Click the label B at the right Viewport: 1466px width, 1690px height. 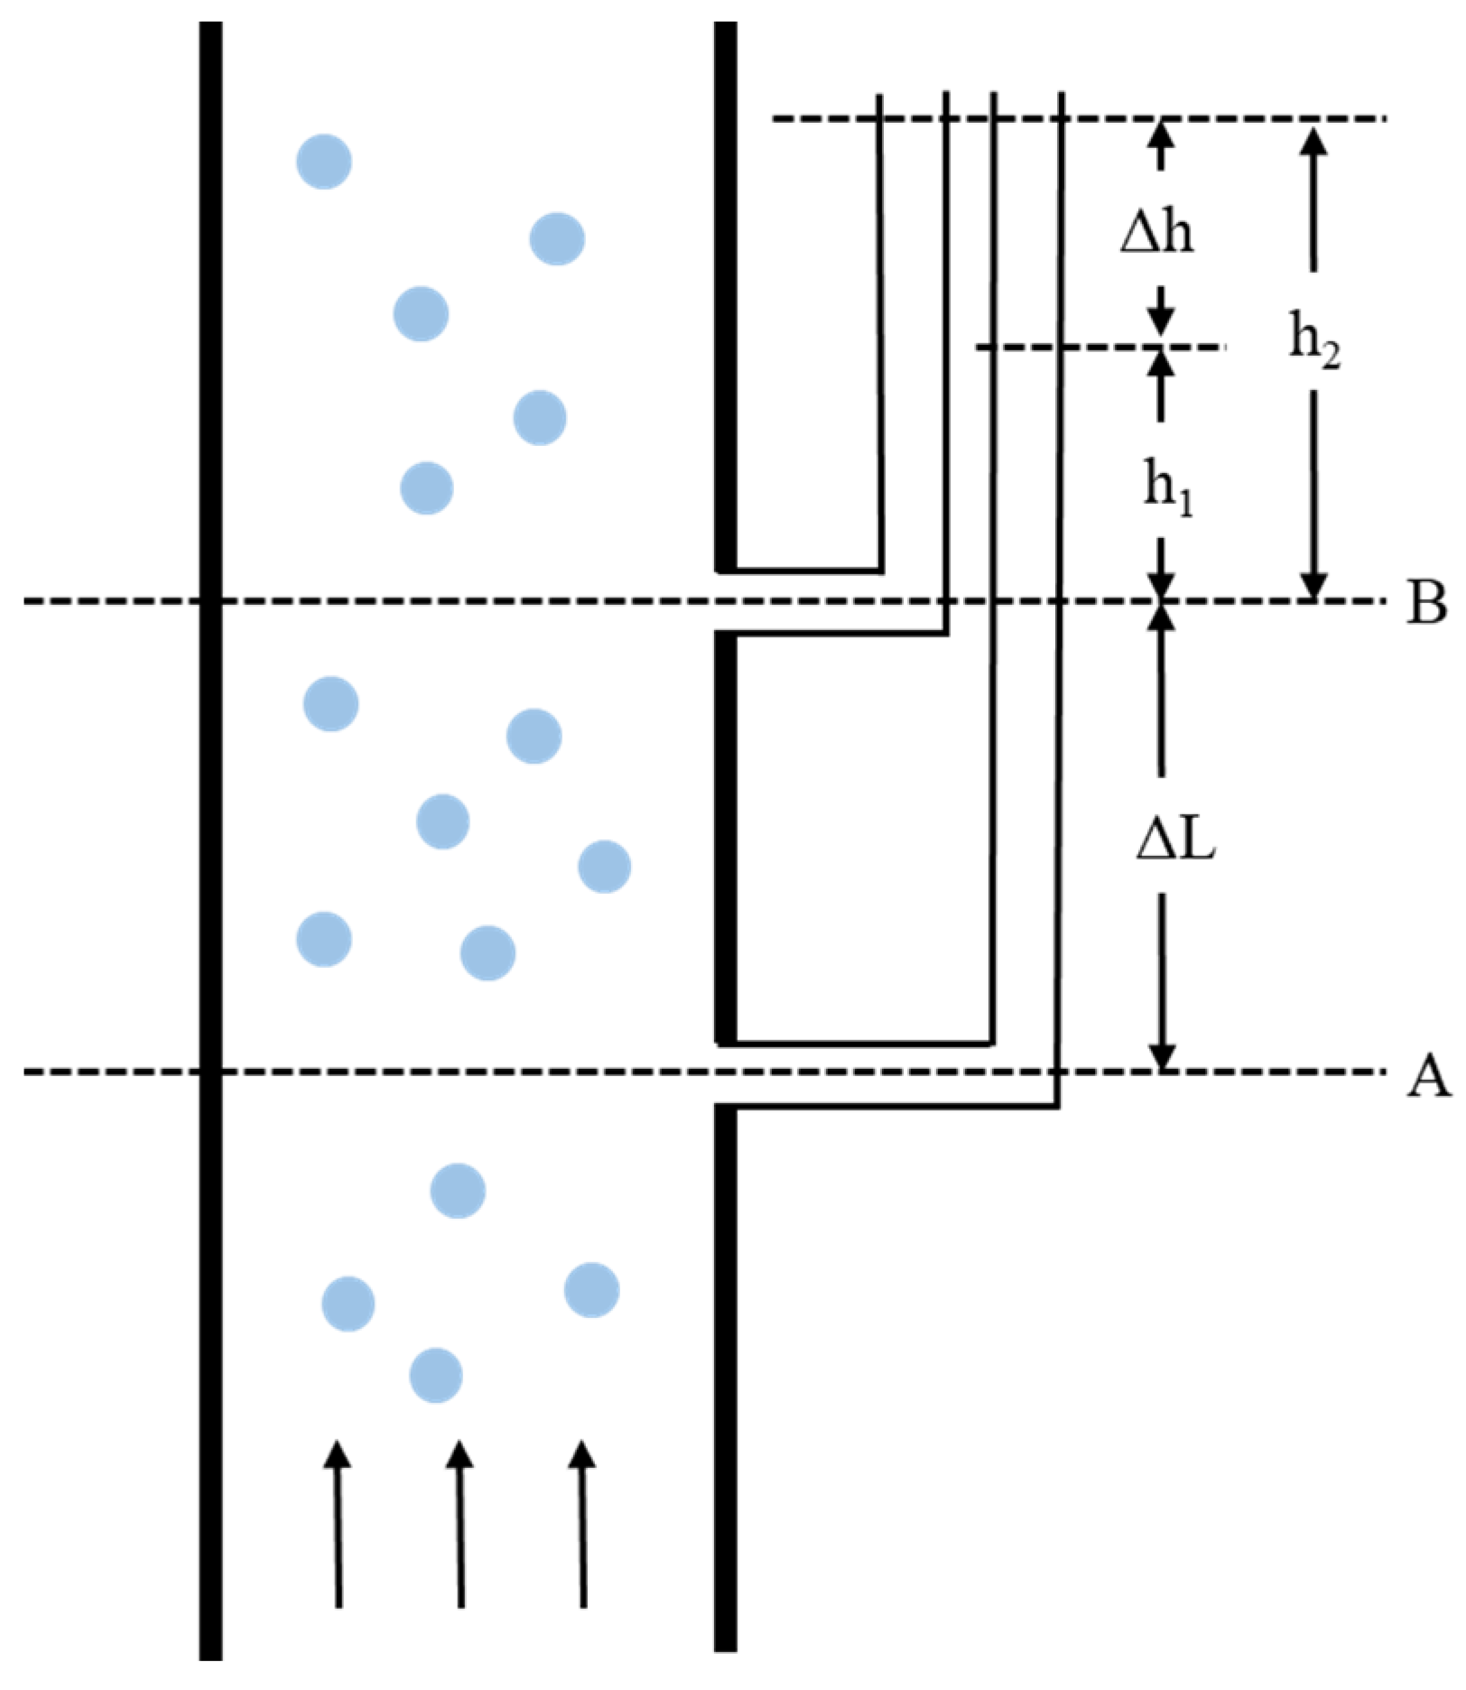coord(1426,602)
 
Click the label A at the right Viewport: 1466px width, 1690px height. coord(1428,1076)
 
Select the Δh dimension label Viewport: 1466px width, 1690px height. coord(1157,233)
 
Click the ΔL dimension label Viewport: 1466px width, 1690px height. coord(1175,840)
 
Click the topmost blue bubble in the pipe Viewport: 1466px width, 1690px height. coord(324,162)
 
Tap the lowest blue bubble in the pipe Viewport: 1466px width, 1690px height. coord(436,1376)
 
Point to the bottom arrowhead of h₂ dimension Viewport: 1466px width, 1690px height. coord(1313,587)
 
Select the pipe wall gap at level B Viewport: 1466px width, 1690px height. coord(726,602)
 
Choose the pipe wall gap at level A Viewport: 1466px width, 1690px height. coord(726,1074)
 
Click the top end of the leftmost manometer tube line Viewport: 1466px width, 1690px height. coord(879,96)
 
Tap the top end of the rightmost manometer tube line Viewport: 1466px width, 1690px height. coord(1061,94)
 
